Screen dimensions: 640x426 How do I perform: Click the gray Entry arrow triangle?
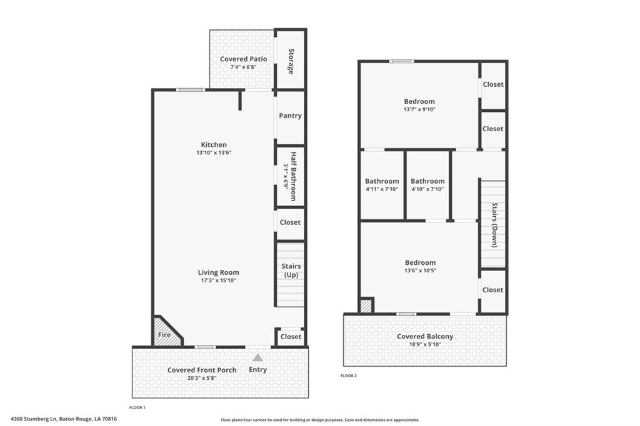click(x=257, y=357)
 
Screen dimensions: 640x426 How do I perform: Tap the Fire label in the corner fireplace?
click(x=164, y=335)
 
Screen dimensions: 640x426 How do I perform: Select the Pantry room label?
click(x=290, y=116)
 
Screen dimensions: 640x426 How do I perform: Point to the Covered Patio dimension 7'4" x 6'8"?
click(x=244, y=67)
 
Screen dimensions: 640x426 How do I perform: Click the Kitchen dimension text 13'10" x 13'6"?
click(x=214, y=152)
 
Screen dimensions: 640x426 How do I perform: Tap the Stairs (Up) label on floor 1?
click(x=291, y=270)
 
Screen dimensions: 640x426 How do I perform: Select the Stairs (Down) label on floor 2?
click(x=494, y=225)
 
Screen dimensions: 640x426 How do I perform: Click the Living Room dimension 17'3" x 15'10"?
click(x=218, y=280)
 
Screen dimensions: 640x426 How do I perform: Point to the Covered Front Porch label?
click(x=202, y=370)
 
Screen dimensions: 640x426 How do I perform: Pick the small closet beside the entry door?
click(x=291, y=337)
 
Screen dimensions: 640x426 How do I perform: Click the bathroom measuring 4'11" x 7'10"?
click(x=382, y=185)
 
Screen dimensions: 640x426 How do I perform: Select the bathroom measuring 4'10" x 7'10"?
click(x=427, y=185)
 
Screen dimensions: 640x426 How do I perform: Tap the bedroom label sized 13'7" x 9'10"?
click(x=419, y=102)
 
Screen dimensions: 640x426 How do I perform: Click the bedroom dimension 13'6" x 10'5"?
click(x=421, y=270)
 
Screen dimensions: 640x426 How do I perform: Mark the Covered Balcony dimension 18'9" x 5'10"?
click(x=425, y=344)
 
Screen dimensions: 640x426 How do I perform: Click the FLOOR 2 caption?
click(x=349, y=376)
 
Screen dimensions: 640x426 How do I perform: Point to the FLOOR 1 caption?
click(x=137, y=408)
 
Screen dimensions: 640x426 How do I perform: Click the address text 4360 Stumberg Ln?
click(x=34, y=419)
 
